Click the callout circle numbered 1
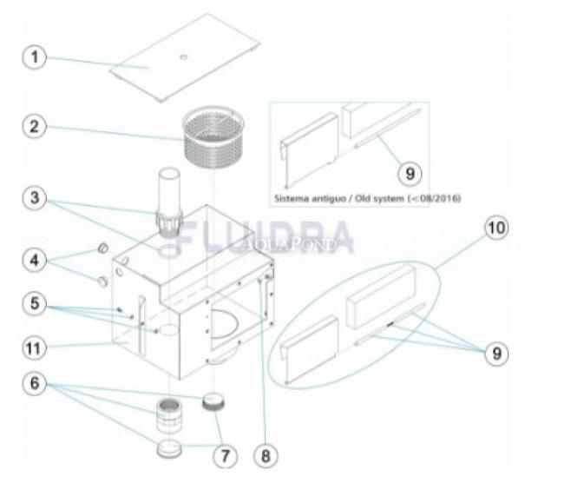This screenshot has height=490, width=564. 35,56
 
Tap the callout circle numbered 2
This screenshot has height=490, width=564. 35,126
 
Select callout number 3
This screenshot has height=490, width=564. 35,198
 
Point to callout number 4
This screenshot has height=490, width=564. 35,260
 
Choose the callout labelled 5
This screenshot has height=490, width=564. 35,303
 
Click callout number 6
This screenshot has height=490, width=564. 35,383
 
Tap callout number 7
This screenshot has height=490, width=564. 226,456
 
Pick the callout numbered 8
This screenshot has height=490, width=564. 266,456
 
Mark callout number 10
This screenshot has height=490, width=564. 496,228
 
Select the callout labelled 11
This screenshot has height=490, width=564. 35,348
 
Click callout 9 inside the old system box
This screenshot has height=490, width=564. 410,174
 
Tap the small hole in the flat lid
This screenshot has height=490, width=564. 183,56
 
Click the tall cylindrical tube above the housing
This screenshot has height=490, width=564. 169,190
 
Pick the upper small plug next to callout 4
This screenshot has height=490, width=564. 103,248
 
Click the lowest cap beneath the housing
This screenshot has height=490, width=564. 169,448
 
